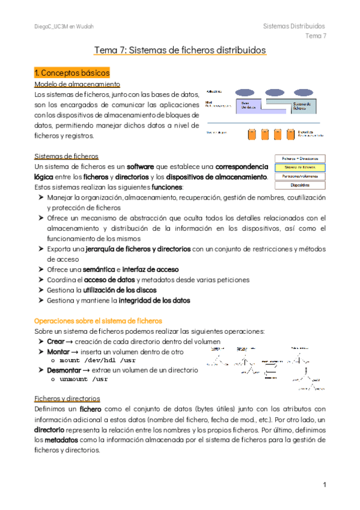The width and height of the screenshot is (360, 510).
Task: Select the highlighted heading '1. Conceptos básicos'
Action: point(71,73)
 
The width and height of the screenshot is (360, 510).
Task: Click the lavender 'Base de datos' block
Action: point(252,106)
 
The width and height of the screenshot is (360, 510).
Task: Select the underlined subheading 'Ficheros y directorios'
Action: point(68,398)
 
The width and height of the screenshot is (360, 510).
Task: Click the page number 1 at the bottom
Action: point(324,485)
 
